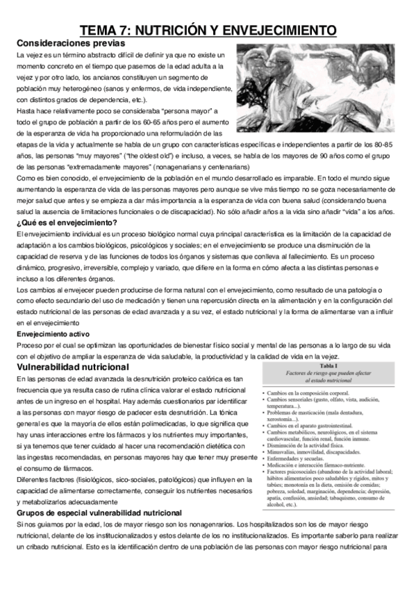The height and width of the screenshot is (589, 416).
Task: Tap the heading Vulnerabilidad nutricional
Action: click(73, 367)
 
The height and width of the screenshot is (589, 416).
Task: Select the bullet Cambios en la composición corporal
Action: click(312, 393)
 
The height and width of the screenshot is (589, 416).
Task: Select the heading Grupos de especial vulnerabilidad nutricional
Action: click(98, 493)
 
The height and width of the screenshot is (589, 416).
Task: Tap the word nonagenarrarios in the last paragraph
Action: click(238, 505)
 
